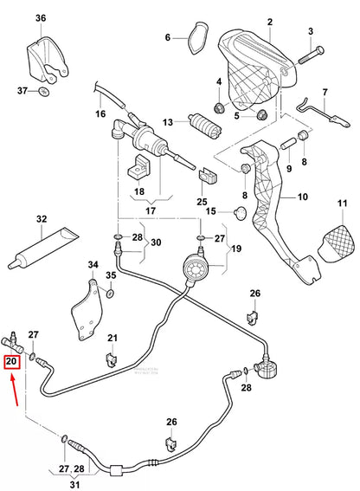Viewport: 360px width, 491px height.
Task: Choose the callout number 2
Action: [269, 21]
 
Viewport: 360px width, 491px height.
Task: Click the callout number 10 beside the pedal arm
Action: [302, 197]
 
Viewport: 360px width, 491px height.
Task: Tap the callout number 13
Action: [168, 121]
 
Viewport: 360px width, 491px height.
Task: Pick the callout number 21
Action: [112, 337]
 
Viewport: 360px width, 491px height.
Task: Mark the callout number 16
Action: [100, 113]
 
